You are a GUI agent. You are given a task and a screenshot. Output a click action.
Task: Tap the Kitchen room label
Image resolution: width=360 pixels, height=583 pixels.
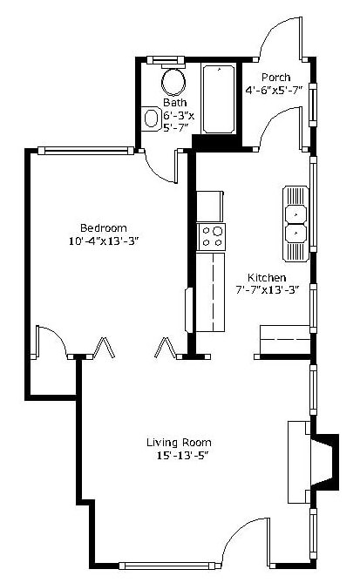tap(266, 277)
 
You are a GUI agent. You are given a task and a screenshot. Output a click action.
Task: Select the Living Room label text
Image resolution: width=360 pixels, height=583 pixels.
tap(179, 442)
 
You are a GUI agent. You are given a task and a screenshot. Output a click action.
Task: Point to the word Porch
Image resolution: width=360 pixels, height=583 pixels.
tap(276, 76)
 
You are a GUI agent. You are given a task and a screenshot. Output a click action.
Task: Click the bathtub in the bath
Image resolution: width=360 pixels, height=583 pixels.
tap(218, 99)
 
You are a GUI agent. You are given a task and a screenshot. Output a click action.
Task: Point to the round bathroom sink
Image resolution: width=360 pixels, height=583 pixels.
tap(173, 83)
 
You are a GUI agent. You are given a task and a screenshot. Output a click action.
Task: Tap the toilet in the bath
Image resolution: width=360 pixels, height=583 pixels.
tap(152, 117)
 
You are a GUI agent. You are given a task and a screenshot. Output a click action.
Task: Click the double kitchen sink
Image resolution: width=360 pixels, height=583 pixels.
tap(295, 222)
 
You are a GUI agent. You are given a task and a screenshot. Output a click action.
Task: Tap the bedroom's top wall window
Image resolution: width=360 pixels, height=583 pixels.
tap(88, 151)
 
